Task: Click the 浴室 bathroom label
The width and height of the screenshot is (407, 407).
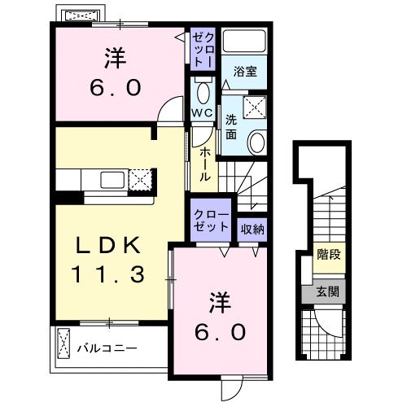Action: [x=246, y=71]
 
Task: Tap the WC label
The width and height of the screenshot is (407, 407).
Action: [x=202, y=112]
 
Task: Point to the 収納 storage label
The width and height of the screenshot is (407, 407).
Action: [x=252, y=229]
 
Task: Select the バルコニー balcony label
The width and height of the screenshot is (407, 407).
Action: [x=107, y=348]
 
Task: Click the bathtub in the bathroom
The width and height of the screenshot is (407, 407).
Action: [x=246, y=42]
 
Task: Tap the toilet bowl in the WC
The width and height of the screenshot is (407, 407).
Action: [x=203, y=90]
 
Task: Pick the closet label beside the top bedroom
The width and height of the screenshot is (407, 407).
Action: [x=202, y=48]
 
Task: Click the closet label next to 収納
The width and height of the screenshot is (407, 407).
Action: [x=212, y=221]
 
